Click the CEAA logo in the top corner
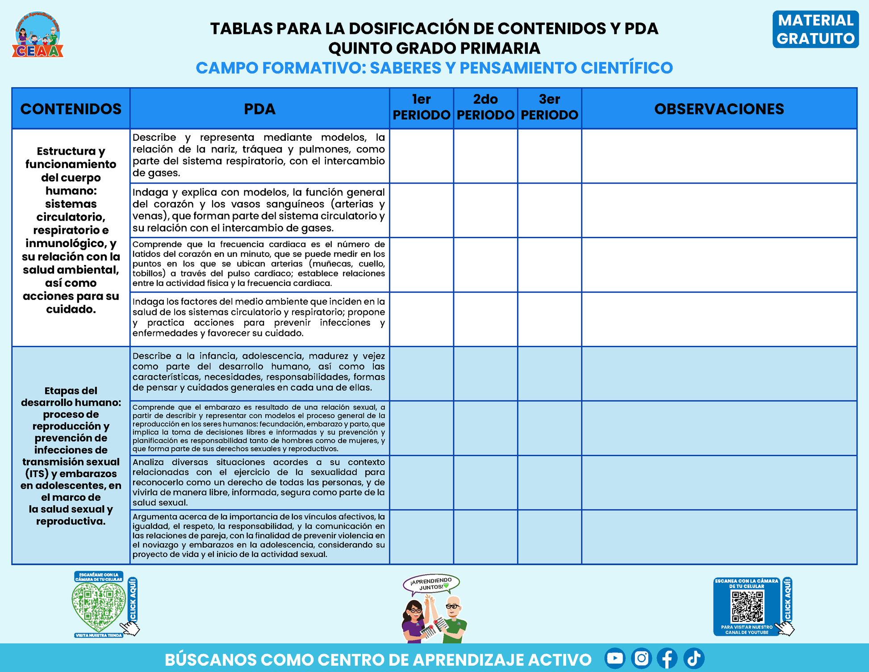click(x=38, y=35)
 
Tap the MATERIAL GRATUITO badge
click(x=815, y=29)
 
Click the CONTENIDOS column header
click(x=71, y=109)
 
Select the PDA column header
click(x=259, y=109)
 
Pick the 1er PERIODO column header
click(x=421, y=108)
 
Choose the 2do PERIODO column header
click(x=485, y=108)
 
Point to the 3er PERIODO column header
click(x=549, y=108)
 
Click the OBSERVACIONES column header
click(x=719, y=109)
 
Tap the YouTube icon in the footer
click(x=615, y=658)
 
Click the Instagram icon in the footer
click(x=641, y=658)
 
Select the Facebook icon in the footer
click(x=667, y=658)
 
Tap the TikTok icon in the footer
click(x=694, y=658)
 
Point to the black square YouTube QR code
click(x=747, y=607)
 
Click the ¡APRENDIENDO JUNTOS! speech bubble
click(x=431, y=584)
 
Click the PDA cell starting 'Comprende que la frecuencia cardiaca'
click(x=259, y=264)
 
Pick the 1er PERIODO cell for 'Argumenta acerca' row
click(x=421, y=537)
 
